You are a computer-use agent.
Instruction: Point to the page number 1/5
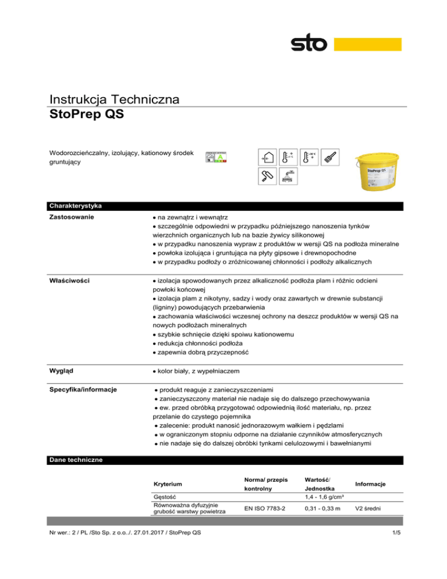pos(395,564)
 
